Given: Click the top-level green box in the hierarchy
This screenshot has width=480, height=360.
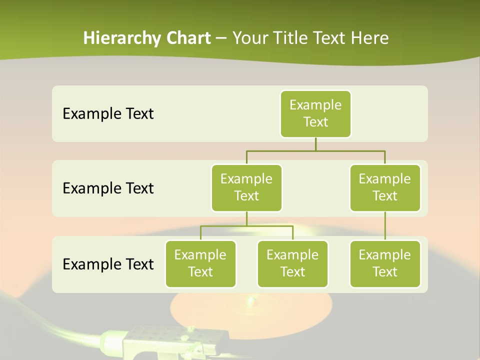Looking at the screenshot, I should coord(315,113).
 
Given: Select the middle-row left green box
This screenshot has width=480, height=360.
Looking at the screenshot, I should coord(246,187).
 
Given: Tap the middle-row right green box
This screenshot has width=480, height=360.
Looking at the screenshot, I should coord(385,187).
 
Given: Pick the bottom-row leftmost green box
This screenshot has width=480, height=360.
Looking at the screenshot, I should coord(200,263).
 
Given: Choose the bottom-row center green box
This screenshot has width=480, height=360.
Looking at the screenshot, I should coord(292,263).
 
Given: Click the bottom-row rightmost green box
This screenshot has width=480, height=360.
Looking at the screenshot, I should coord(385,263).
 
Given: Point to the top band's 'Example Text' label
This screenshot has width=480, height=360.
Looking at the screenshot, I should coord(108,114).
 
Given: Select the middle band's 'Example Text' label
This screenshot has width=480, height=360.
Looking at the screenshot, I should coord(108,188).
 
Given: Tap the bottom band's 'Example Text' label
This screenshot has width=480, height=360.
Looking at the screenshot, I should coord(108,264).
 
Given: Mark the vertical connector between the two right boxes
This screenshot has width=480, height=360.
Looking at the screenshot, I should coord(385,226).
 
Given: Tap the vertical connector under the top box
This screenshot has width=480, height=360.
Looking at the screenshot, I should coord(315,144).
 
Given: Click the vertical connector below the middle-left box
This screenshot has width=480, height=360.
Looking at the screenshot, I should coord(246,218).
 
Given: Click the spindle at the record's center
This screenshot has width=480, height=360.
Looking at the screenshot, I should coord(250,301).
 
